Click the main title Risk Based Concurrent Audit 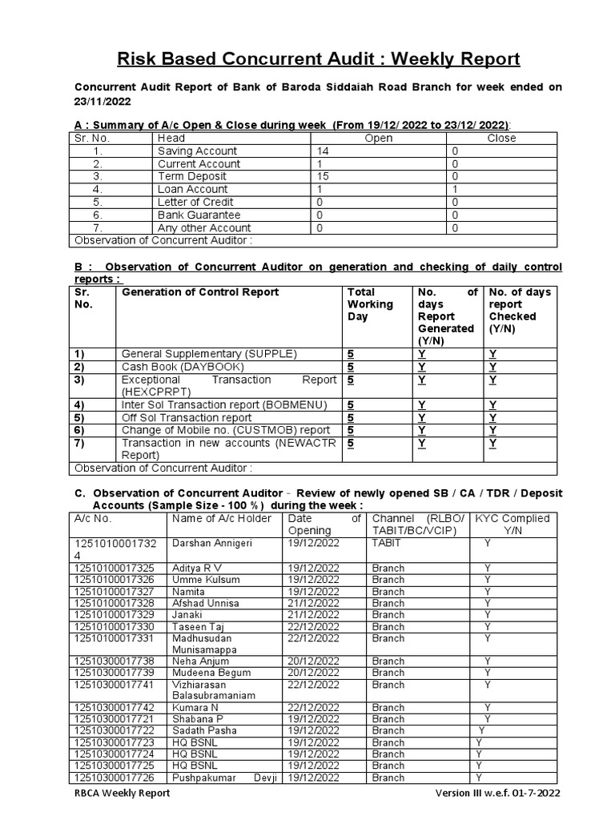(x=319, y=59)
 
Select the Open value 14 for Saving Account (x=323, y=151)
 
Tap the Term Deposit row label (x=191, y=177)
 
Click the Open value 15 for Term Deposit (x=323, y=177)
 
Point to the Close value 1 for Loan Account (x=454, y=190)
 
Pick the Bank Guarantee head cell (x=199, y=215)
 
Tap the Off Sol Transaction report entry (x=186, y=418)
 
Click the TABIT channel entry (x=388, y=543)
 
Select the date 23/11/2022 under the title (x=102, y=102)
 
